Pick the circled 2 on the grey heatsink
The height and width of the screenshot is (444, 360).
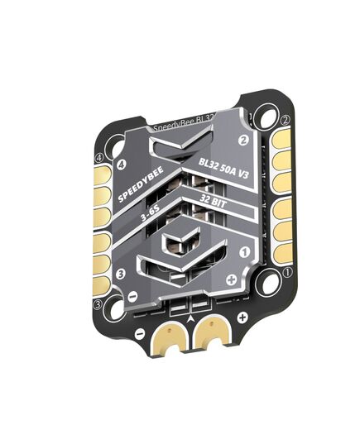pyautogui.click(x=244, y=141)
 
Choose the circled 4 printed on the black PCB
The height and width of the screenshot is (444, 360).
pyautogui.click(x=99, y=157)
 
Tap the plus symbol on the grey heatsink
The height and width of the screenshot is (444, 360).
pyautogui.click(x=230, y=278)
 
